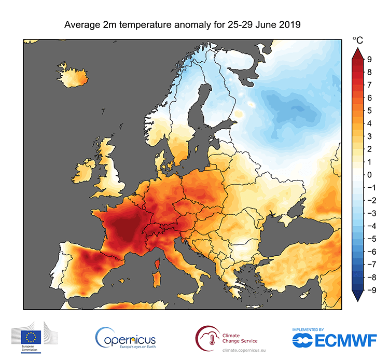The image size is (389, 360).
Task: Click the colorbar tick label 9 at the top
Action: tap(369, 59)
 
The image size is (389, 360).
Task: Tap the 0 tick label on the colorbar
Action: tap(369, 174)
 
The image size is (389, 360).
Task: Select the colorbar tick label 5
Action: tap(369, 110)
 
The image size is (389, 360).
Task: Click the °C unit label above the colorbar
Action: tap(358, 40)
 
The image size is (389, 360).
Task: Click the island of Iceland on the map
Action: tap(73, 76)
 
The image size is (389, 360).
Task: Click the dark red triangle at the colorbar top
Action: tap(358, 52)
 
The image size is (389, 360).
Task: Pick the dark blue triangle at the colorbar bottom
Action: tap(358, 296)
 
